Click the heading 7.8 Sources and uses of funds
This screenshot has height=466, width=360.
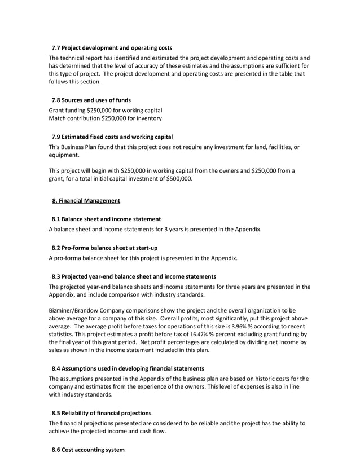91,100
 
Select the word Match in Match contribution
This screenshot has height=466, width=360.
58,118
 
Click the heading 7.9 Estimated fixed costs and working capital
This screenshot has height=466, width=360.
112,137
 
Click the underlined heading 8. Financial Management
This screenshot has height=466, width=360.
86,200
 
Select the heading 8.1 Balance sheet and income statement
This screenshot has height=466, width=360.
106,219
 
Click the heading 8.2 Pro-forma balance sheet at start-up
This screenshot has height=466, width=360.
104,248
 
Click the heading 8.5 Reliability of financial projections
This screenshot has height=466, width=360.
101,413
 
